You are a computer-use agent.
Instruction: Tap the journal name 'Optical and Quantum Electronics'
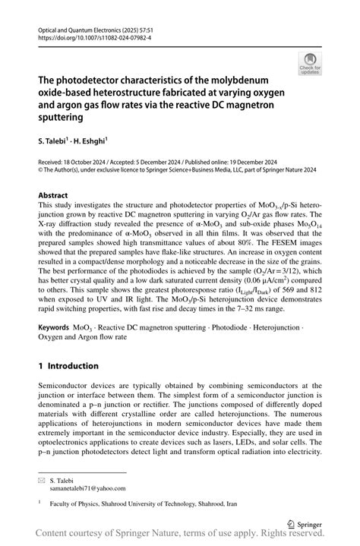tap(82, 27)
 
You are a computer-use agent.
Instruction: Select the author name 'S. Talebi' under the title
tap(54, 140)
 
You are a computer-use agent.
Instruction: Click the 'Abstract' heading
tap(53, 195)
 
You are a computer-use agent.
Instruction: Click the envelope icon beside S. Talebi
tap(42, 480)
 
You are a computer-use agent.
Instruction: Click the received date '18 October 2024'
tap(85, 163)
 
